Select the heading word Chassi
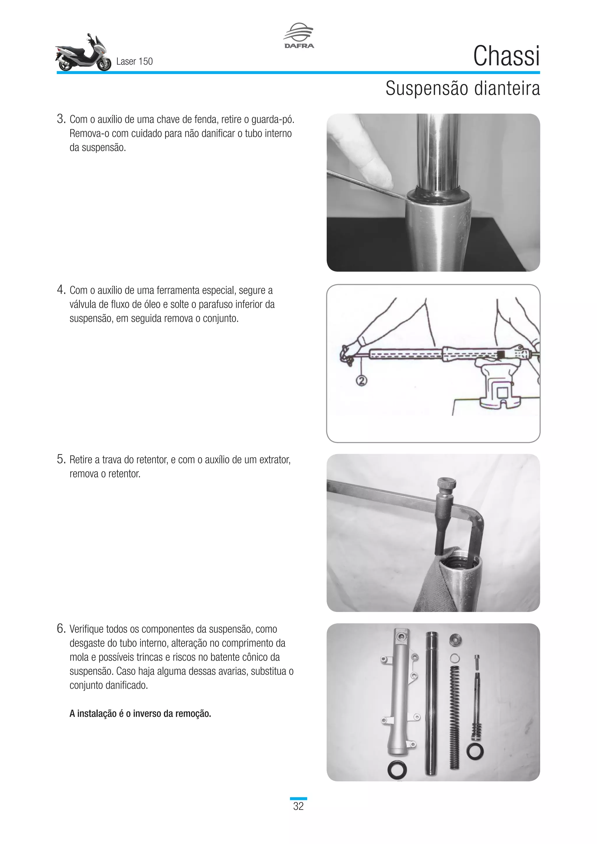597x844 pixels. (x=506, y=56)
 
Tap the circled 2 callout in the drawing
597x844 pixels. (x=362, y=381)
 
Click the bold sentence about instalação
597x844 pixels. (x=140, y=713)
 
